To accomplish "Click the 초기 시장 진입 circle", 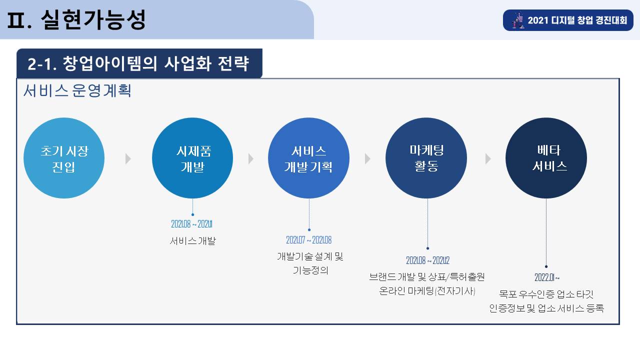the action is tap(64, 158).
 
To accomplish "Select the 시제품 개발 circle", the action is tap(192, 158).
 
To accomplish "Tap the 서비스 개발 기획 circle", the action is tap(308, 158).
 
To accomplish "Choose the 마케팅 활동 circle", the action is tap(426, 158).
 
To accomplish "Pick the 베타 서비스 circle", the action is tap(546, 158).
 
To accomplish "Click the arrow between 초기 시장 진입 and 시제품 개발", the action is tap(128, 158).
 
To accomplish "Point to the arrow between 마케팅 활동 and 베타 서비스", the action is tap(488, 158).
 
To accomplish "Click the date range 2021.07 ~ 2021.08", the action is tap(309, 240).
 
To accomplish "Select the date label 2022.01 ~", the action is tap(547, 277).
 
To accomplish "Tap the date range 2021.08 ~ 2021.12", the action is tap(427, 260).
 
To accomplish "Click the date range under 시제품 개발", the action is tap(191, 224).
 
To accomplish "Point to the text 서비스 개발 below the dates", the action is tap(193, 241).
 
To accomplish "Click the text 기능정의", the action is tap(310, 270).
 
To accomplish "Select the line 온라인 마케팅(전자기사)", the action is tap(427, 291).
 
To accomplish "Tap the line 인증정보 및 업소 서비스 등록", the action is tap(546, 308).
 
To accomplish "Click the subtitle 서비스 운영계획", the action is tap(77, 91).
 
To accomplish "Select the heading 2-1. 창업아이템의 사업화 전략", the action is tap(138, 63).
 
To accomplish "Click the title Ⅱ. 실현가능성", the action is tap(76, 19).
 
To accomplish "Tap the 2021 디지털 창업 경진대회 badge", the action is tap(568, 20).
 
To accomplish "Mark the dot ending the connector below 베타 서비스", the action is tap(546, 266).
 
